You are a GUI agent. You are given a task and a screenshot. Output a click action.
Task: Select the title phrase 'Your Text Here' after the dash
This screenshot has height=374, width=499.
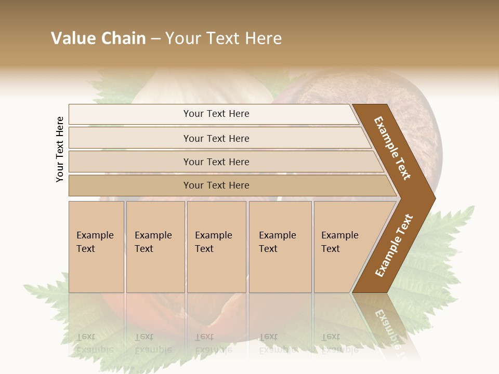[224, 38]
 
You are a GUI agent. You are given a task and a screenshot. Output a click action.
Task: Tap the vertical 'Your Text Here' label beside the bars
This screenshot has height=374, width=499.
[60, 149]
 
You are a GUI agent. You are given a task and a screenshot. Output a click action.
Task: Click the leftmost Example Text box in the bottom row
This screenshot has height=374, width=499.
[96, 247]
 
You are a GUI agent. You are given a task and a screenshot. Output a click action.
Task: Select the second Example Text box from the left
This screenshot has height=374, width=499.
[155, 247]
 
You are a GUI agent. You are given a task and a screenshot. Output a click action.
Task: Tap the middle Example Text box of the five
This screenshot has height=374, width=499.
[216, 247]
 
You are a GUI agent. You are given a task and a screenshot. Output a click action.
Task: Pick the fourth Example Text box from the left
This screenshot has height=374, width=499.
[280, 247]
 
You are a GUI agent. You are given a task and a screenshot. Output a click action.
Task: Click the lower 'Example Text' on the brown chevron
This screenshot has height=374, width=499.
[393, 246]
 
